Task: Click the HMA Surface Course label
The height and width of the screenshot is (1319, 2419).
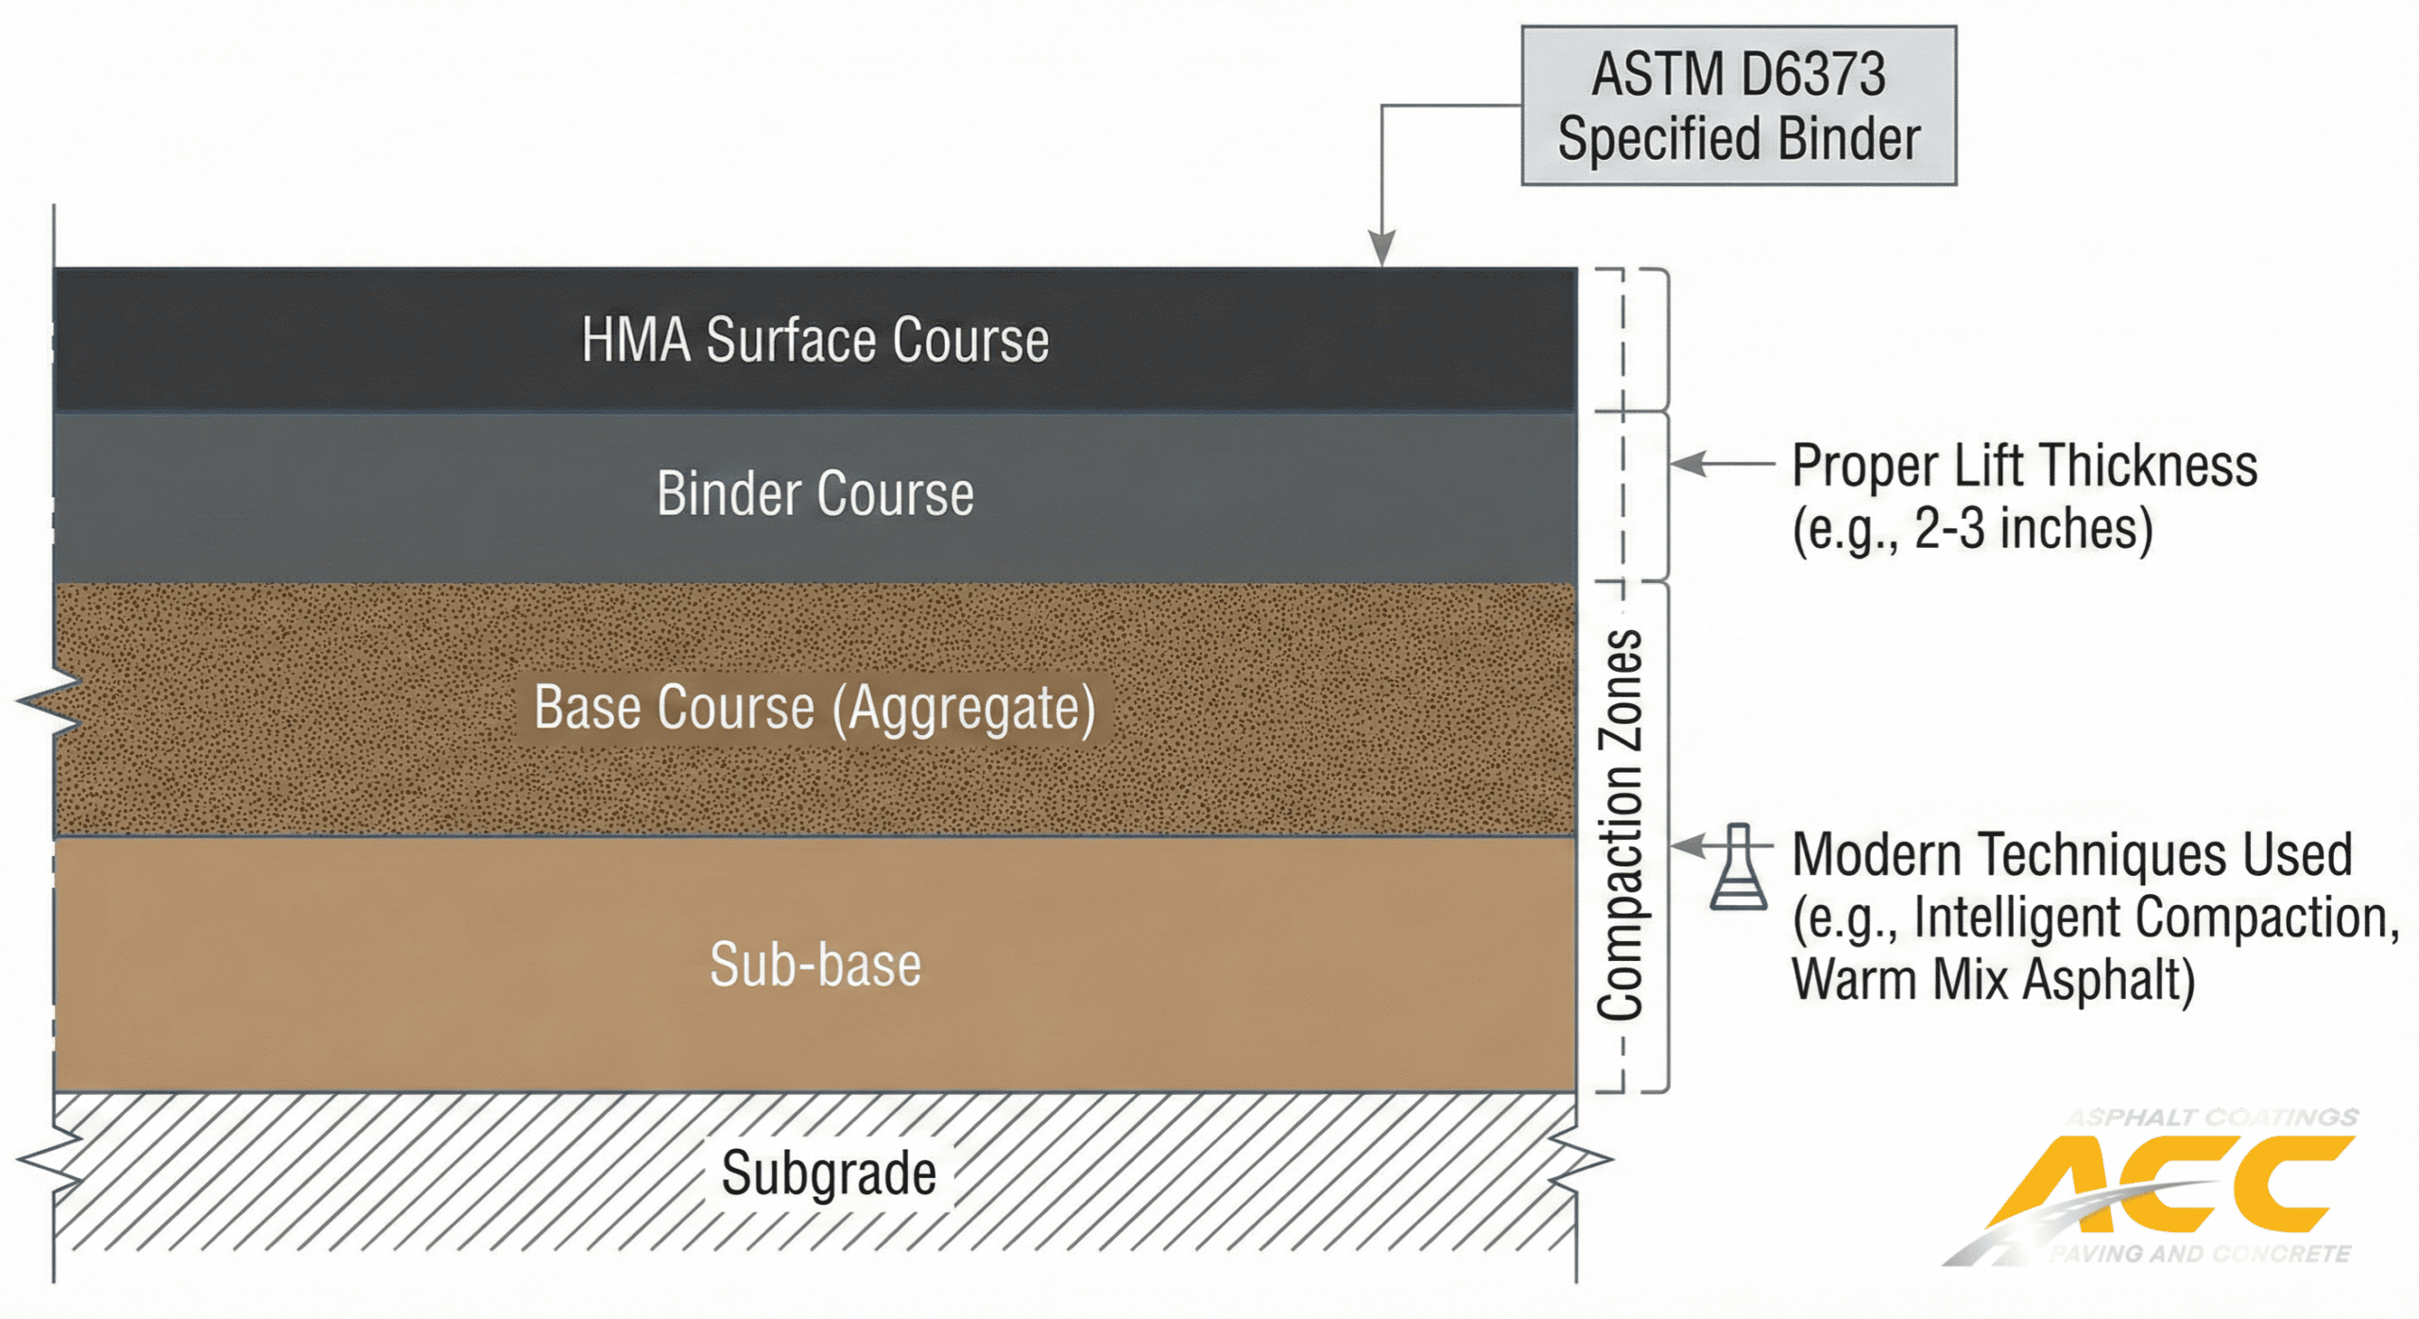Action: (x=815, y=340)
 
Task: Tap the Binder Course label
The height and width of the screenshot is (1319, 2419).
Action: (x=815, y=493)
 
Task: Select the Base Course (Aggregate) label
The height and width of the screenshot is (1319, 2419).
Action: (x=815, y=707)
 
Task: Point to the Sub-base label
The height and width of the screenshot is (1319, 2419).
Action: (x=815, y=965)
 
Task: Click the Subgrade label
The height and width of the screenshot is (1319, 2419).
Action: (x=829, y=1173)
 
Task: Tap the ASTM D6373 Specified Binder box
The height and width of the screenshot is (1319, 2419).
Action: (x=1738, y=106)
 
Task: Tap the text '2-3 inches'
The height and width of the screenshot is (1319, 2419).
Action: (x=2032, y=529)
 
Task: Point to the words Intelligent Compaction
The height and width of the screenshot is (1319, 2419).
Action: (x=2154, y=917)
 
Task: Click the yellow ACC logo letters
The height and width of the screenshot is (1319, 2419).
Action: (x=2173, y=1185)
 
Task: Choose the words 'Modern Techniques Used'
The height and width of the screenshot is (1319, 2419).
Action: (x=2071, y=854)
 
